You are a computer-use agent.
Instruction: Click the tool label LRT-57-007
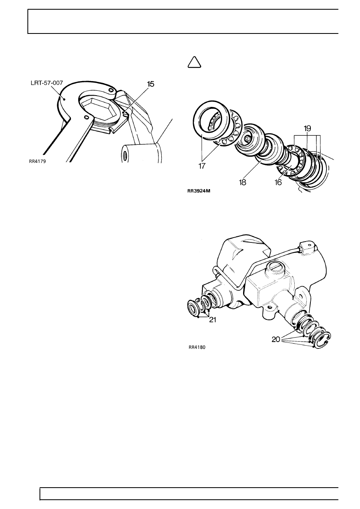46,83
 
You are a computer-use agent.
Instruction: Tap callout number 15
150,84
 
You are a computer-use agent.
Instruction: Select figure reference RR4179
37,162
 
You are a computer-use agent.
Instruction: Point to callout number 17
202,166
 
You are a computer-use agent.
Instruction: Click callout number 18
243,182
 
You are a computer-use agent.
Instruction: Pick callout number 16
278,182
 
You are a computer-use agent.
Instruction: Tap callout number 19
307,129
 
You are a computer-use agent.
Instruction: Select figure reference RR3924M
199,191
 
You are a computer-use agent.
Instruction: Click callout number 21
212,320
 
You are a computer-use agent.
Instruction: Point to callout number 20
276,340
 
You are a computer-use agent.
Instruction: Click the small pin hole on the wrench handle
86,117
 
